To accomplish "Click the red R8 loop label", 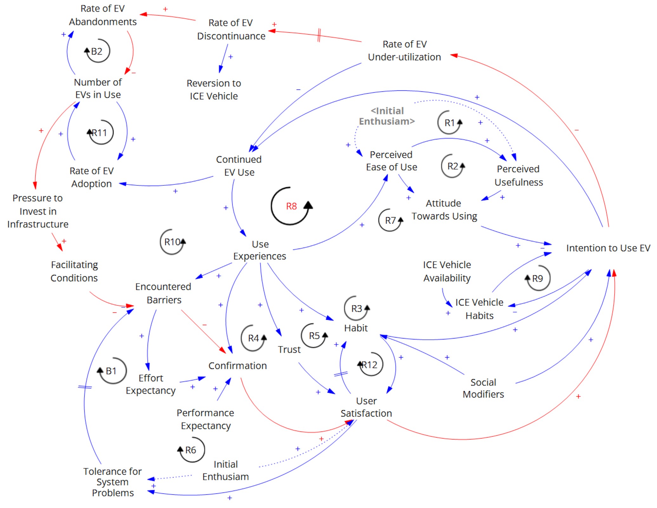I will point(291,206).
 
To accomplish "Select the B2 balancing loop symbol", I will point(97,51).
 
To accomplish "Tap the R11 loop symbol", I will point(100,132).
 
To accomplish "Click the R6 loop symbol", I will point(191,450).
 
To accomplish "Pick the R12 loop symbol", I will point(370,364).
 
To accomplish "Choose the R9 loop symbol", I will point(538,278).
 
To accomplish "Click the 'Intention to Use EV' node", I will point(608,248).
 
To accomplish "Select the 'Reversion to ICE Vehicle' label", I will point(214,90).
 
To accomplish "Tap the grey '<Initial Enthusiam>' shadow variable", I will point(387,116).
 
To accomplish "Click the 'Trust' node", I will point(289,350).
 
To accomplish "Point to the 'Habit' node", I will point(356,328).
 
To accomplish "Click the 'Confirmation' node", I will point(237,366).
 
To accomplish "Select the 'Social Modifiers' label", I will point(483,388).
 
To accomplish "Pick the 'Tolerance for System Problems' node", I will point(113,482).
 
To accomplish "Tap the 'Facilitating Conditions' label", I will point(74,271).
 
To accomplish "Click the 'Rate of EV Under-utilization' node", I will point(404,50).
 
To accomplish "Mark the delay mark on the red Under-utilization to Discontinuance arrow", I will point(319,35).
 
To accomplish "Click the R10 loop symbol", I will point(172,242).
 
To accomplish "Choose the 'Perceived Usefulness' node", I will point(518,176).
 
